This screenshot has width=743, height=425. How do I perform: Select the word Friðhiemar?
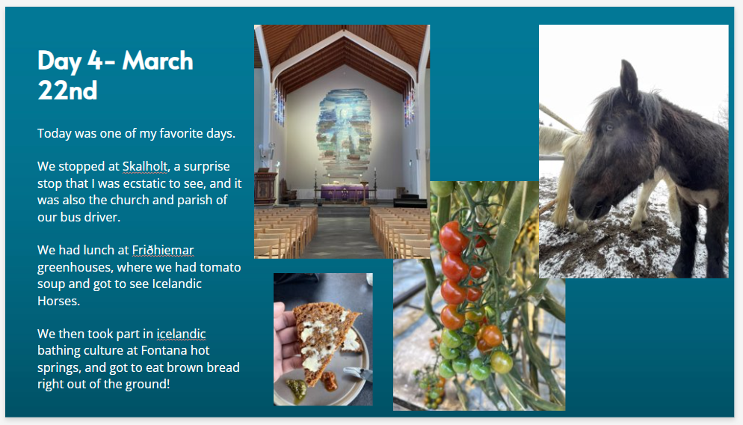[163, 250]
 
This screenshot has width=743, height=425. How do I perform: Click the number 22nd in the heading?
[67, 91]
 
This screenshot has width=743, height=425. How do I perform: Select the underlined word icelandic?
[181, 334]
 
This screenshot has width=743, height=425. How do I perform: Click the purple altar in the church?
[345, 192]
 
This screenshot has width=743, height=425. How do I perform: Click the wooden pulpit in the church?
[265, 188]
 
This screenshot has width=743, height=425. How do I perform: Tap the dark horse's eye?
[608, 127]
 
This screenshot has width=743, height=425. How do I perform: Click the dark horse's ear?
[629, 79]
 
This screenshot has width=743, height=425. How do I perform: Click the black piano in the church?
[410, 200]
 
